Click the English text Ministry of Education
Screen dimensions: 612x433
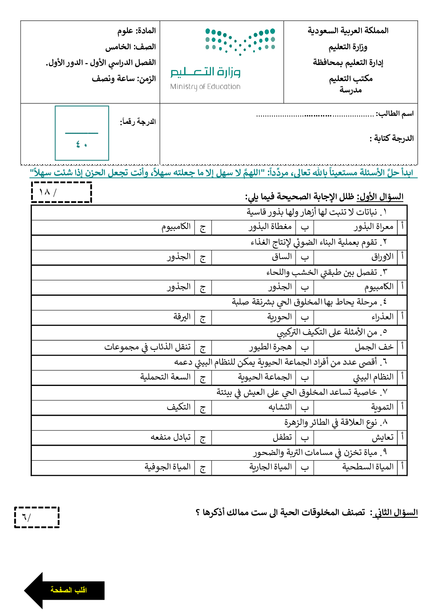(205, 86)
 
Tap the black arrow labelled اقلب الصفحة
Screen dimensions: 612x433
(65, 590)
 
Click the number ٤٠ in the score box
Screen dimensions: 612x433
(82, 144)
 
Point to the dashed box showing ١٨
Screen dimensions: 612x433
(62, 192)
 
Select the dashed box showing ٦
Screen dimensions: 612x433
(37, 517)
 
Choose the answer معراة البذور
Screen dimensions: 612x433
(374, 226)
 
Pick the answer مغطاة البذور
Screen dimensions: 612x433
(270, 226)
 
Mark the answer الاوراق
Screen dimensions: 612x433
(382, 257)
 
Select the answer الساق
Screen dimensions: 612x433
(282, 256)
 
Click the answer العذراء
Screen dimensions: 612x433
(382, 317)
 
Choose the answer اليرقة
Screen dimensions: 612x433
(182, 317)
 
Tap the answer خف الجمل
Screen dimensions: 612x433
(374, 347)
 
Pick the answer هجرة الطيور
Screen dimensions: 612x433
(270, 347)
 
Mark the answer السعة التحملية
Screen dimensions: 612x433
(165, 376)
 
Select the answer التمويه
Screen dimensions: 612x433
(382, 407)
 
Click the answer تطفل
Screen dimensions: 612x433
(282, 437)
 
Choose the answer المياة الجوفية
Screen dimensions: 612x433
(168, 467)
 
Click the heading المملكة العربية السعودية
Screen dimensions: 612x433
(348, 31)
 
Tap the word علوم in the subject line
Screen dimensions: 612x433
(125, 31)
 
